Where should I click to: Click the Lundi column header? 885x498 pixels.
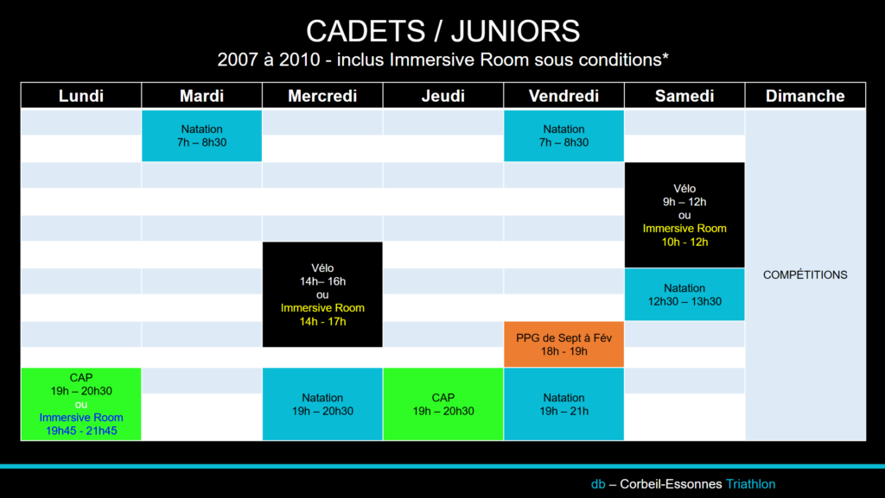tap(81, 96)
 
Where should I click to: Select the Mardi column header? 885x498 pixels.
tap(202, 96)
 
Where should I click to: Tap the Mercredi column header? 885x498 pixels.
tap(322, 96)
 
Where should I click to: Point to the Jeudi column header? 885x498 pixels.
tap(443, 96)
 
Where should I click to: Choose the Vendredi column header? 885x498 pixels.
tap(563, 96)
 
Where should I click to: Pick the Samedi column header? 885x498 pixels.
tap(684, 96)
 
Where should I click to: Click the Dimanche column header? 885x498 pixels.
tap(805, 96)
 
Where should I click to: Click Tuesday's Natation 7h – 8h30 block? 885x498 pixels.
tap(202, 136)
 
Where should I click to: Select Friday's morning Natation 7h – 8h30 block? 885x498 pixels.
tap(563, 136)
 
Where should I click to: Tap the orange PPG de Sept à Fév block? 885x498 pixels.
tap(563, 344)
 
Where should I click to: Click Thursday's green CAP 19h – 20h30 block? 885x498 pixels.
tap(443, 404)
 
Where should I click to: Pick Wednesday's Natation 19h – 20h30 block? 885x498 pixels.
tap(322, 404)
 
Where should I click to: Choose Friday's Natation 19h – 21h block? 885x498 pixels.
tap(563, 404)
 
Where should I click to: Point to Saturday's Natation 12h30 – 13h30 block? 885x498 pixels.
tap(684, 294)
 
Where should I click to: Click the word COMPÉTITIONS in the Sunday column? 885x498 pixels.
tap(805, 275)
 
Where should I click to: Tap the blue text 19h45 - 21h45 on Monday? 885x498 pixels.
tap(81, 431)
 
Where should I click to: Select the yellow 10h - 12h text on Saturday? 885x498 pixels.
tap(684, 242)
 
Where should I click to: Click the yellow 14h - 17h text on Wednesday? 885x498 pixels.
tap(322, 321)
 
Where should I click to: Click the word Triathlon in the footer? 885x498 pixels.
tap(751, 484)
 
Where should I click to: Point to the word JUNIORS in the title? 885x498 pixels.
tap(515, 31)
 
